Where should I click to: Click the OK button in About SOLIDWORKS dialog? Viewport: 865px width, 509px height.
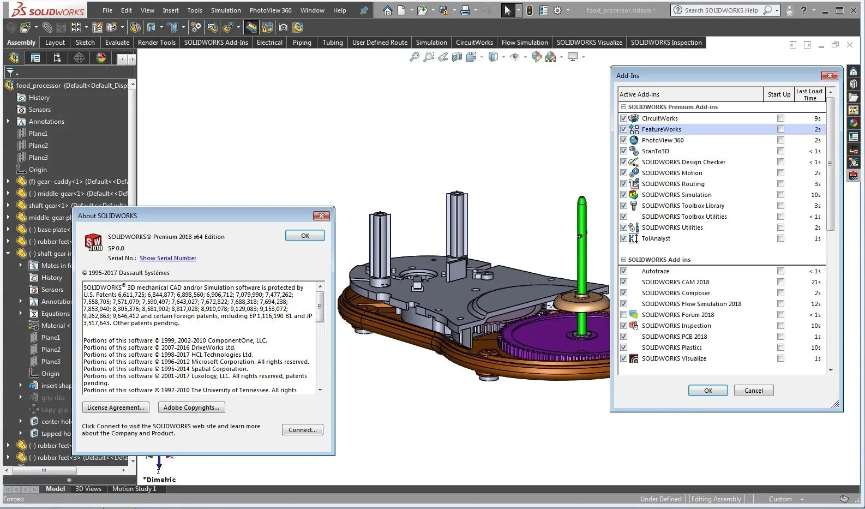(x=305, y=236)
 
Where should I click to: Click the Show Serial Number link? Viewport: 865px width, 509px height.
(x=167, y=258)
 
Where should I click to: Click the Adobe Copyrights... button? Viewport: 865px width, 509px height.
(x=191, y=408)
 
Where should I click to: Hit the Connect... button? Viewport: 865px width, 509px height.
(x=303, y=430)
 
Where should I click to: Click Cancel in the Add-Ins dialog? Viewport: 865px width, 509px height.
(x=753, y=391)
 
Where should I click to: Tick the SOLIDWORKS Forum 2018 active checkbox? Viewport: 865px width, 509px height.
(x=623, y=315)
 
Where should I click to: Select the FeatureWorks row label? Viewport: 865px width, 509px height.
(x=661, y=129)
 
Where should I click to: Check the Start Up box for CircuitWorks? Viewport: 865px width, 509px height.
(x=780, y=118)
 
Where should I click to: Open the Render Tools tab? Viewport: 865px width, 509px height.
(x=157, y=43)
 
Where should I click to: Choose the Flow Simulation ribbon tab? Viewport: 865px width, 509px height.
(x=524, y=43)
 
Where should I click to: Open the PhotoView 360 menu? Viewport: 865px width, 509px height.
(x=271, y=10)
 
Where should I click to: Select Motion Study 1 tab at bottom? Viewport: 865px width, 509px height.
(x=134, y=489)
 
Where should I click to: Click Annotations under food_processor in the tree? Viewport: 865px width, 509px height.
(x=46, y=122)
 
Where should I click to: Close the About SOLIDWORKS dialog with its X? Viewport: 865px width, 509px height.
(x=321, y=216)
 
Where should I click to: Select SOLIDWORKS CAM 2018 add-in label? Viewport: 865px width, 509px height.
(x=675, y=282)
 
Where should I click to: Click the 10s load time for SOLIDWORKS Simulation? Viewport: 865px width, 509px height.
(x=815, y=195)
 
